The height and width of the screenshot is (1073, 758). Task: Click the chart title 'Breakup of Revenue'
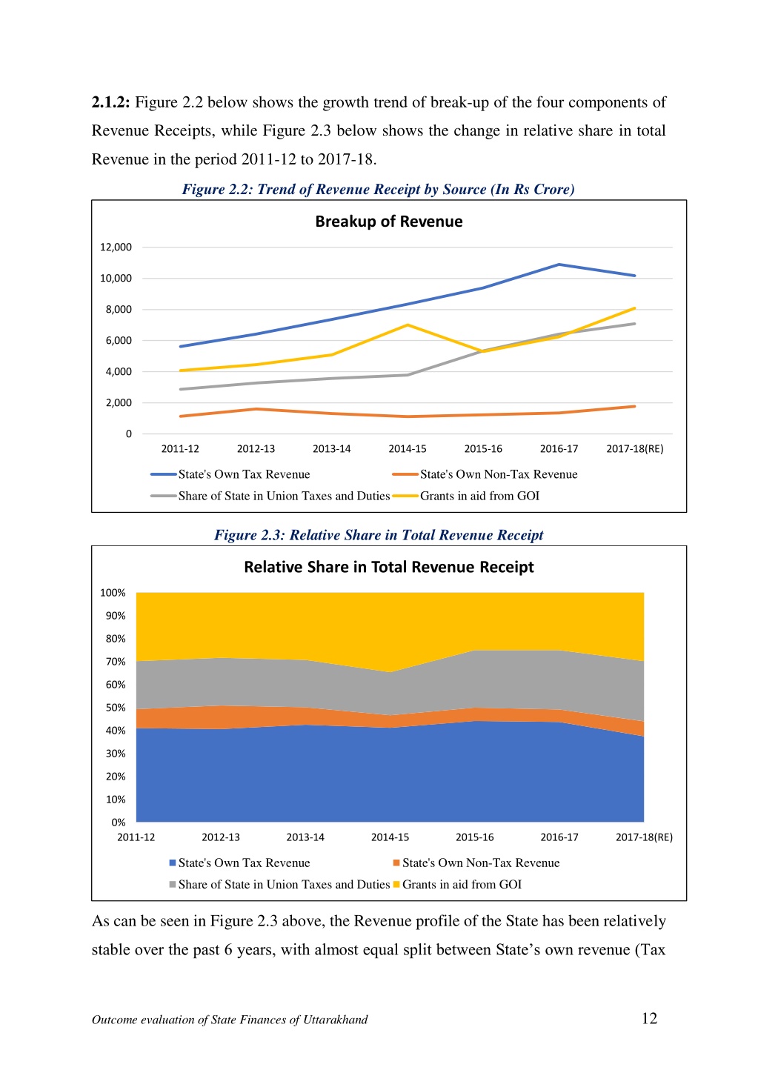(x=388, y=222)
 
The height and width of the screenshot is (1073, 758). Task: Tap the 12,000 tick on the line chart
(x=116, y=248)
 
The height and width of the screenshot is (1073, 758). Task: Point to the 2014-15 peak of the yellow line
(x=408, y=325)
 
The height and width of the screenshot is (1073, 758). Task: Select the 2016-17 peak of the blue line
(x=559, y=265)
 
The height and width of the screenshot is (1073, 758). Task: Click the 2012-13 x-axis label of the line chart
(x=256, y=449)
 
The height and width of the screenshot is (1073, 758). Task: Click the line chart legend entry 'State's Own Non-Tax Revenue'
(x=485, y=474)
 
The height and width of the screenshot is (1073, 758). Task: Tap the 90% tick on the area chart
(x=116, y=616)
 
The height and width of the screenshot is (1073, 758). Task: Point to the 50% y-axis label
(x=116, y=708)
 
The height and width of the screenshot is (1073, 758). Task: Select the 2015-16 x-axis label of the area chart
(x=474, y=837)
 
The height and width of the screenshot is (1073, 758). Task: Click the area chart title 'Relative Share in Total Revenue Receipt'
(x=388, y=567)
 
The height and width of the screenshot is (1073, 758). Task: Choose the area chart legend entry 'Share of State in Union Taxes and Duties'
(x=279, y=884)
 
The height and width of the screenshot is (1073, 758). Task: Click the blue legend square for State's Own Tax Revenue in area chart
(x=173, y=863)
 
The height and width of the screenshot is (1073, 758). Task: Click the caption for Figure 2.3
(x=379, y=534)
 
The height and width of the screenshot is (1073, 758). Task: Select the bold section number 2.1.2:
(x=110, y=102)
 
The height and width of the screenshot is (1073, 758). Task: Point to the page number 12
(x=649, y=1018)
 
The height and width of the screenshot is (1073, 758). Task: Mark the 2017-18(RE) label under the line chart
(x=634, y=449)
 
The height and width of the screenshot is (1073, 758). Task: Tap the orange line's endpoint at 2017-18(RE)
(x=634, y=406)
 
